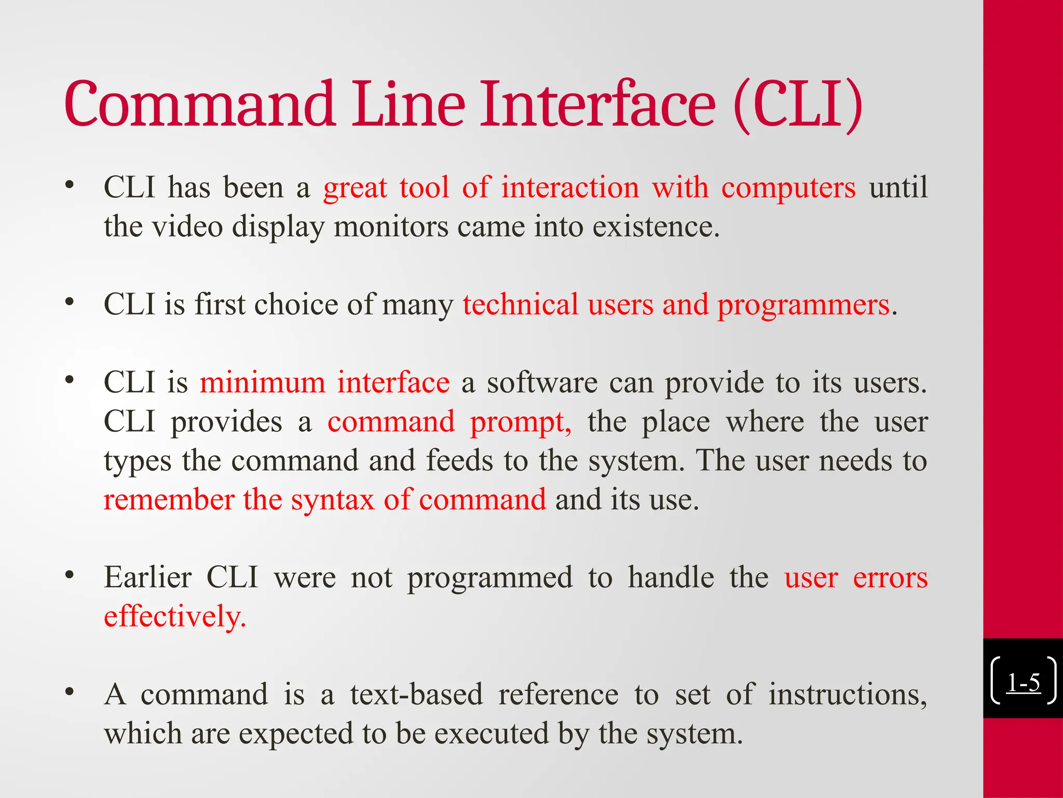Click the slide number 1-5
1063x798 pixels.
[x=1023, y=682]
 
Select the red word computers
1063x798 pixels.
[x=788, y=188]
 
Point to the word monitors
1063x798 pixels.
[x=391, y=227]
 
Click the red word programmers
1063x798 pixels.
[x=803, y=305]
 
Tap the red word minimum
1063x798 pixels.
[x=263, y=383]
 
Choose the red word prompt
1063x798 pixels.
[x=520, y=422]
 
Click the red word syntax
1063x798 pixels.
[x=332, y=500]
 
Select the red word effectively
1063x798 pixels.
[x=174, y=617]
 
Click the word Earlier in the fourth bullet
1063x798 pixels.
[x=148, y=578]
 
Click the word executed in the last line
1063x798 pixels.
[x=491, y=734]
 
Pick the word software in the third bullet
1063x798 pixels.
[x=542, y=383]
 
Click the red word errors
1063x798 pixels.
[x=890, y=578]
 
